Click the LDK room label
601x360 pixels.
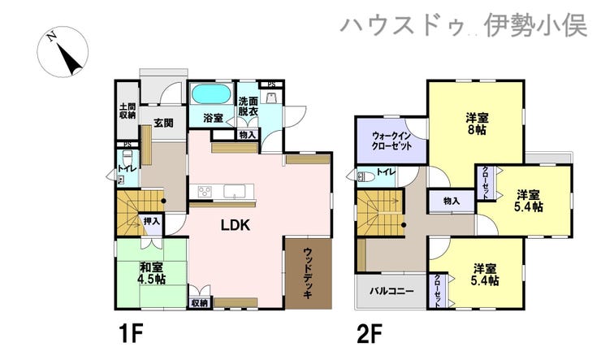pyautogui.click(x=236, y=225)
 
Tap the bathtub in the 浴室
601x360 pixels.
pyautogui.click(x=211, y=94)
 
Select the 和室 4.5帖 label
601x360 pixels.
pyautogui.click(x=151, y=272)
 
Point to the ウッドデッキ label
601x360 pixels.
pyautogui.click(x=308, y=273)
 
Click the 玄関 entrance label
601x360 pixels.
pyautogui.click(x=164, y=123)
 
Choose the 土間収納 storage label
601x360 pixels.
pyautogui.click(x=128, y=111)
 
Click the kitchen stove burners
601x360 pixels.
pyautogui.click(x=205, y=191)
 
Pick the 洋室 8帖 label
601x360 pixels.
pyautogui.click(x=478, y=124)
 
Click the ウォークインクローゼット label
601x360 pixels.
pyautogui.click(x=391, y=141)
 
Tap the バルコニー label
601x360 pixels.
pyautogui.click(x=391, y=291)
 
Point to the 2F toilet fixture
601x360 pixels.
pyautogui.click(x=365, y=176)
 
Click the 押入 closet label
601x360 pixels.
pyautogui.click(x=151, y=221)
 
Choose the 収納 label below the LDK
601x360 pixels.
pyautogui.click(x=199, y=303)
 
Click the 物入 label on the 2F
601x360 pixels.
pyautogui.click(x=451, y=201)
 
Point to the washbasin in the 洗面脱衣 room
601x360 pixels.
pyautogui.click(x=271, y=98)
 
